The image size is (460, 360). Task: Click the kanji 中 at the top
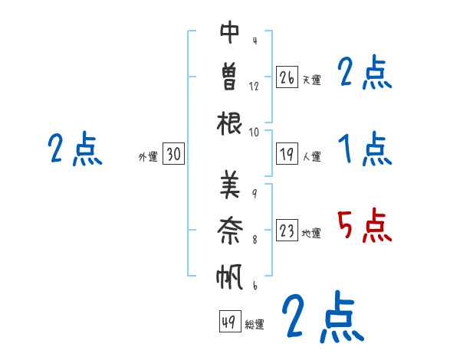230,33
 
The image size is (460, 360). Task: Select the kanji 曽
230,77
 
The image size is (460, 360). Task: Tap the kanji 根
230,123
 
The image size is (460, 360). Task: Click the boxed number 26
287,77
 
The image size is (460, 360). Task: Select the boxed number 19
287,154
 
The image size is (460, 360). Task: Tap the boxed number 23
287,231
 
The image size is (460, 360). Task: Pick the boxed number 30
173,154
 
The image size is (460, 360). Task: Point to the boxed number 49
228,322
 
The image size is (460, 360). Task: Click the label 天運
311,80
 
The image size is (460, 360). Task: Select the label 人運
311,156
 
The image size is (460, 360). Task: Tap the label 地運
311,233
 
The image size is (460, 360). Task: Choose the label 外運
147,156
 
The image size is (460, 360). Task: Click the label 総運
255,324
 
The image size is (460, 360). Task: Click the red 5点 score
364,227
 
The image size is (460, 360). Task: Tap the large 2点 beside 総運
322,316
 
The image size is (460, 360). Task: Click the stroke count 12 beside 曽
254,87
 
